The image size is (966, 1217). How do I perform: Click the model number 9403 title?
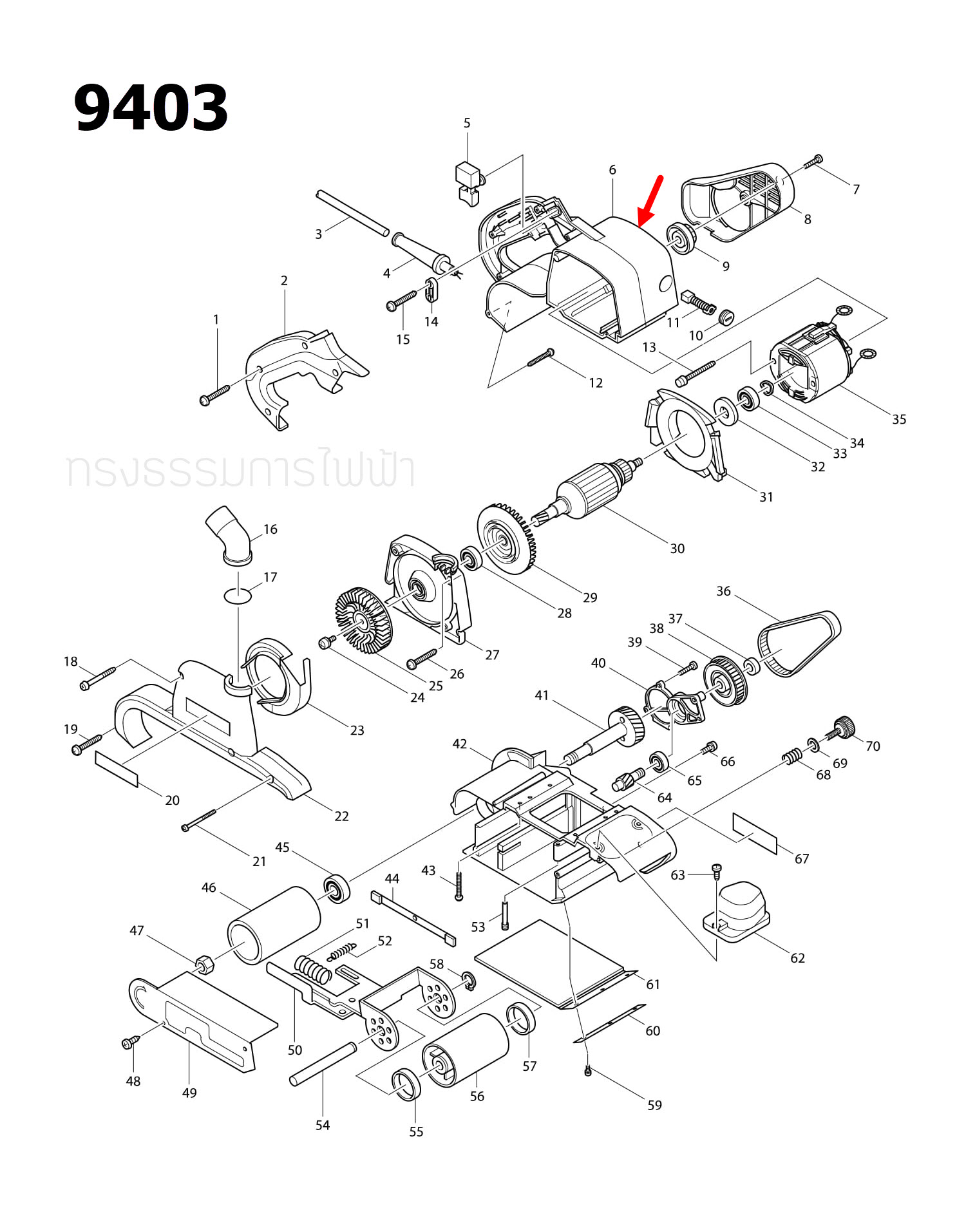(x=151, y=108)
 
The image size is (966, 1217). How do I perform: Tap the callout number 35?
(x=898, y=420)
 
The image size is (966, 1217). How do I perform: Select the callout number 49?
(x=189, y=1093)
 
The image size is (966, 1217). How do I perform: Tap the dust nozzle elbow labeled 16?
(x=229, y=535)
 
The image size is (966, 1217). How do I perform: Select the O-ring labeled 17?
(x=238, y=596)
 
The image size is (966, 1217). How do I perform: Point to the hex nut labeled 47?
(x=205, y=964)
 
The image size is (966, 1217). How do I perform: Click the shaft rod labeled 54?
(x=323, y=1064)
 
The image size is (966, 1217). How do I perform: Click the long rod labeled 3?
(x=352, y=213)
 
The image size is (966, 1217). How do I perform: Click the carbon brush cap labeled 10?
(x=726, y=316)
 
